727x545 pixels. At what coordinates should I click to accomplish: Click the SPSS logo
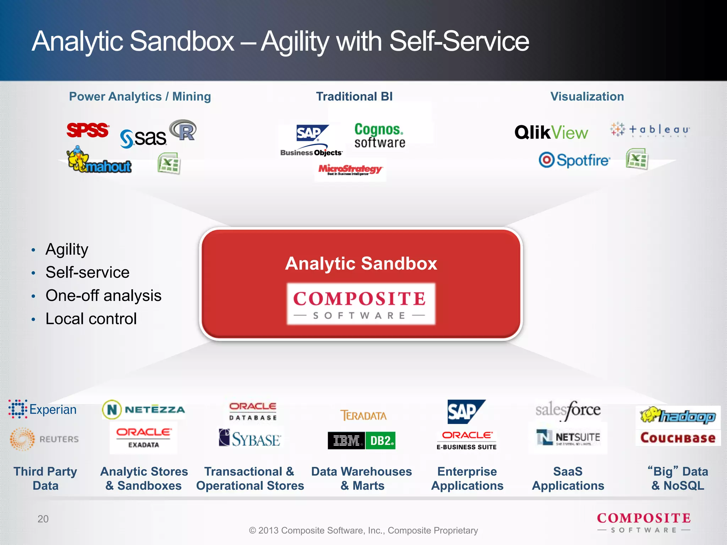click(88, 130)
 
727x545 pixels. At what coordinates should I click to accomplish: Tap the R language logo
click(183, 130)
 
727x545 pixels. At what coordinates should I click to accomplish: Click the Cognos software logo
click(379, 135)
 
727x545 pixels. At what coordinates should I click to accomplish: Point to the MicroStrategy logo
click(350, 170)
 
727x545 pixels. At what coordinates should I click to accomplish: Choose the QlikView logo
click(551, 133)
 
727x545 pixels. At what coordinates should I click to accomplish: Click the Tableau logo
click(650, 130)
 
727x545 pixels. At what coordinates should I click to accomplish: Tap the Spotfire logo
click(574, 160)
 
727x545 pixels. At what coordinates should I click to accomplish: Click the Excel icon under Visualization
click(637, 159)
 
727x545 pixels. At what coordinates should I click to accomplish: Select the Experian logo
click(43, 409)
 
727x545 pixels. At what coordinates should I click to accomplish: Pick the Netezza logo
click(144, 409)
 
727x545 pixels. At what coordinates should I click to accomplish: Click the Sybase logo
click(250, 438)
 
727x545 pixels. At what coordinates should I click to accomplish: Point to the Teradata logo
click(363, 415)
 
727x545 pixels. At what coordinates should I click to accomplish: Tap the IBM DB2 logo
click(361, 441)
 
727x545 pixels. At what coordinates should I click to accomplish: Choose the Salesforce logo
click(568, 410)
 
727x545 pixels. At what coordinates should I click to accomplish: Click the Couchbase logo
click(678, 438)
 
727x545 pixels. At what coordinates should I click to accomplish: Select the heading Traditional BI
click(354, 97)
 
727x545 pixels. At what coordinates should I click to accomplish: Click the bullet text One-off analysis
click(103, 296)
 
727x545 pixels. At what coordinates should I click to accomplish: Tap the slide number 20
click(43, 519)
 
